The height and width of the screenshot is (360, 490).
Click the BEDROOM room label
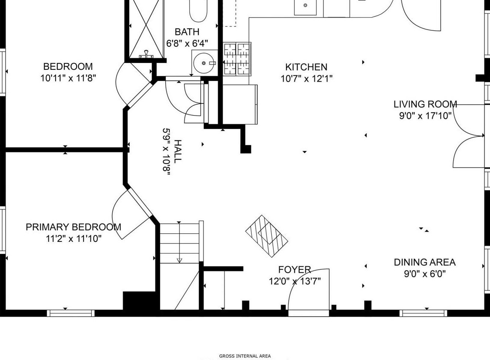tap(68, 66)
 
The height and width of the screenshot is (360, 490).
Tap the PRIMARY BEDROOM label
tap(73, 227)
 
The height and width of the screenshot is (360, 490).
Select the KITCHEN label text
tap(306, 67)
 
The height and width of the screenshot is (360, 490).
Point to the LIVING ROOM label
tap(425, 104)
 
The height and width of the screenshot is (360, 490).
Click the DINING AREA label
tap(425, 262)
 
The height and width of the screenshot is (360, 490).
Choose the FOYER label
tap(295, 269)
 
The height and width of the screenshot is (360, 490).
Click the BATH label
tap(187, 32)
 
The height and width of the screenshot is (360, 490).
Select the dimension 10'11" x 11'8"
tap(68, 78)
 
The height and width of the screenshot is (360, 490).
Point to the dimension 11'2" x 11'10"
tap(74, 239)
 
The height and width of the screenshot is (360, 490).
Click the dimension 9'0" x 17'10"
tap(425, 116)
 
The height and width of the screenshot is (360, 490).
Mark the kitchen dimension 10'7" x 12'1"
tap(306, 79)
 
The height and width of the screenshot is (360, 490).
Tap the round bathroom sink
tap(204, 63)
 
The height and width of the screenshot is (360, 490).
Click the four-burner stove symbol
tap(237, 59)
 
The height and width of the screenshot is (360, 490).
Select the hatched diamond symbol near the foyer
tap(266, 236)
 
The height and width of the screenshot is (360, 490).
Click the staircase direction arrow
tap(179, 242)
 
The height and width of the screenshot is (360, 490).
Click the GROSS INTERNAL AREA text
tap(245, 356)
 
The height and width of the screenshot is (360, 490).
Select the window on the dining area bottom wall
tap(424, 313)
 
